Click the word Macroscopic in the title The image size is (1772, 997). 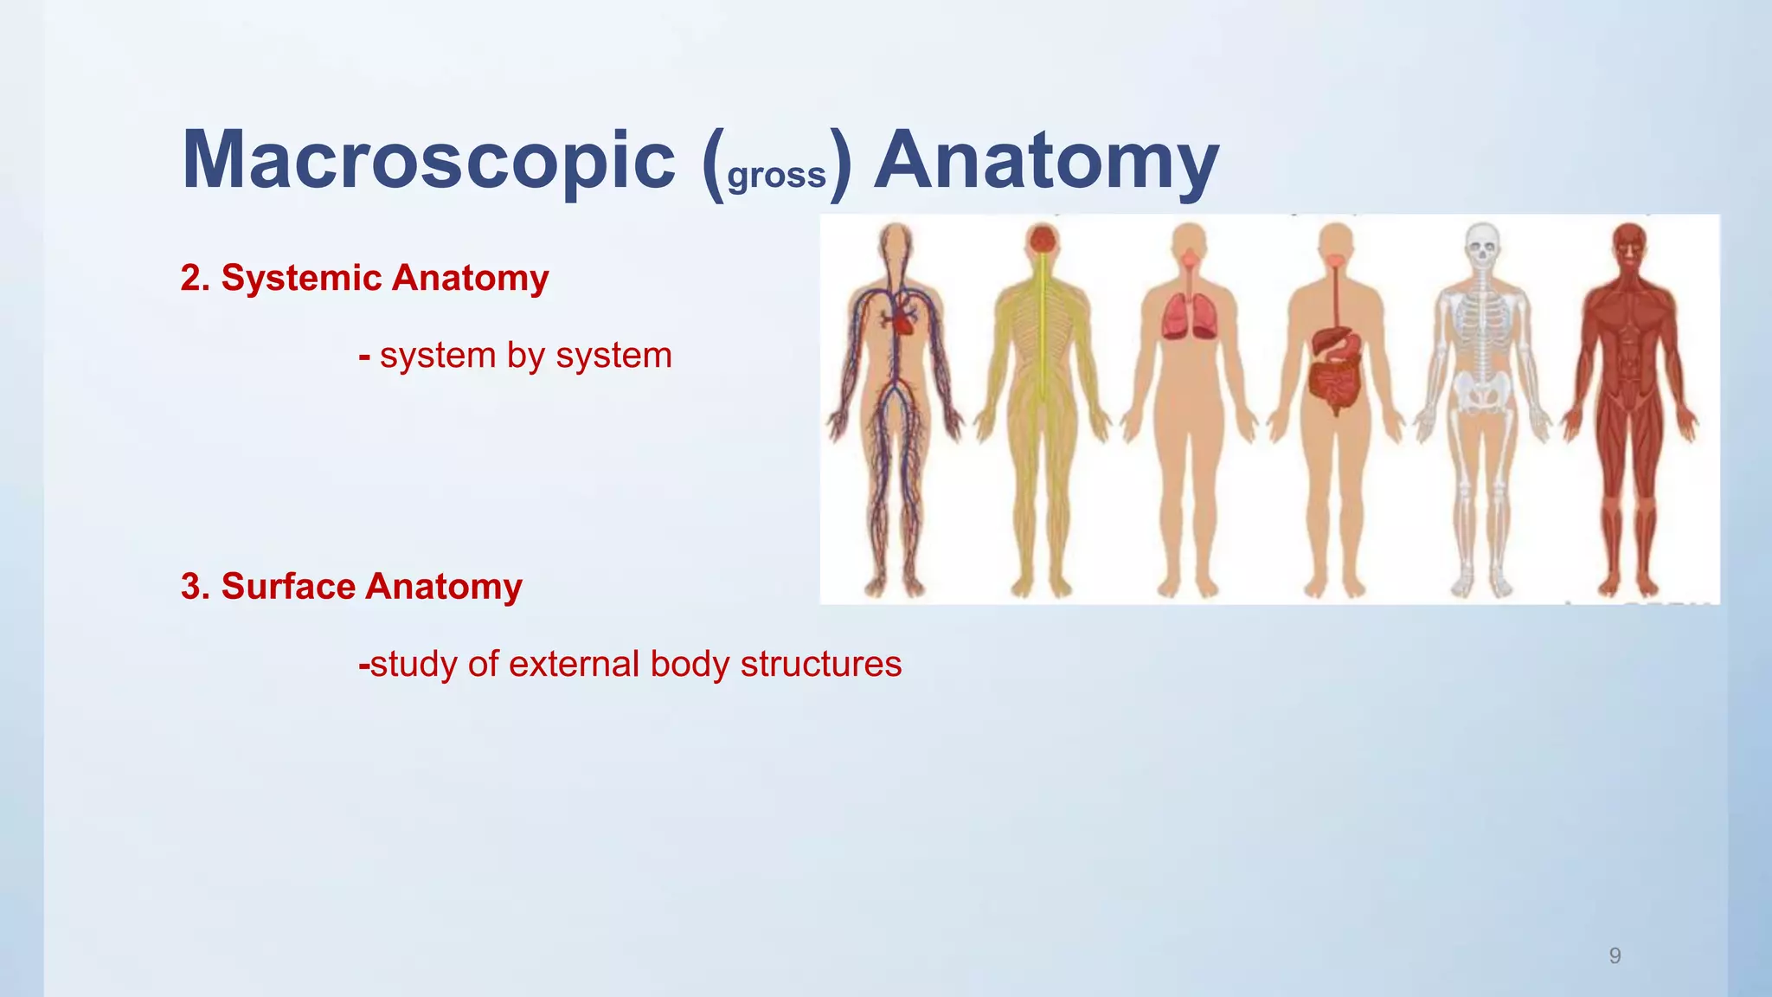click(x=428, y=161)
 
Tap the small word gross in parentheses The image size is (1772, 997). click(x=777, y=175)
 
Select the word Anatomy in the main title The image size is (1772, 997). click(x=1046, y=161)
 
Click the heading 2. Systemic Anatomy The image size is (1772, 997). click(x=364, y=278)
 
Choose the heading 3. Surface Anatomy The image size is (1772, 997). click(x=351, y=587)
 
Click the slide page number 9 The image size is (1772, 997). click(x=1615, y=955)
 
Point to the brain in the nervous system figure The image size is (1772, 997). click(x=1043, y=240)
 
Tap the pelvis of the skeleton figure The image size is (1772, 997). click(x=1482, y=394)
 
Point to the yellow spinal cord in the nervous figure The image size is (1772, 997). click(x=1043, y=338)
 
